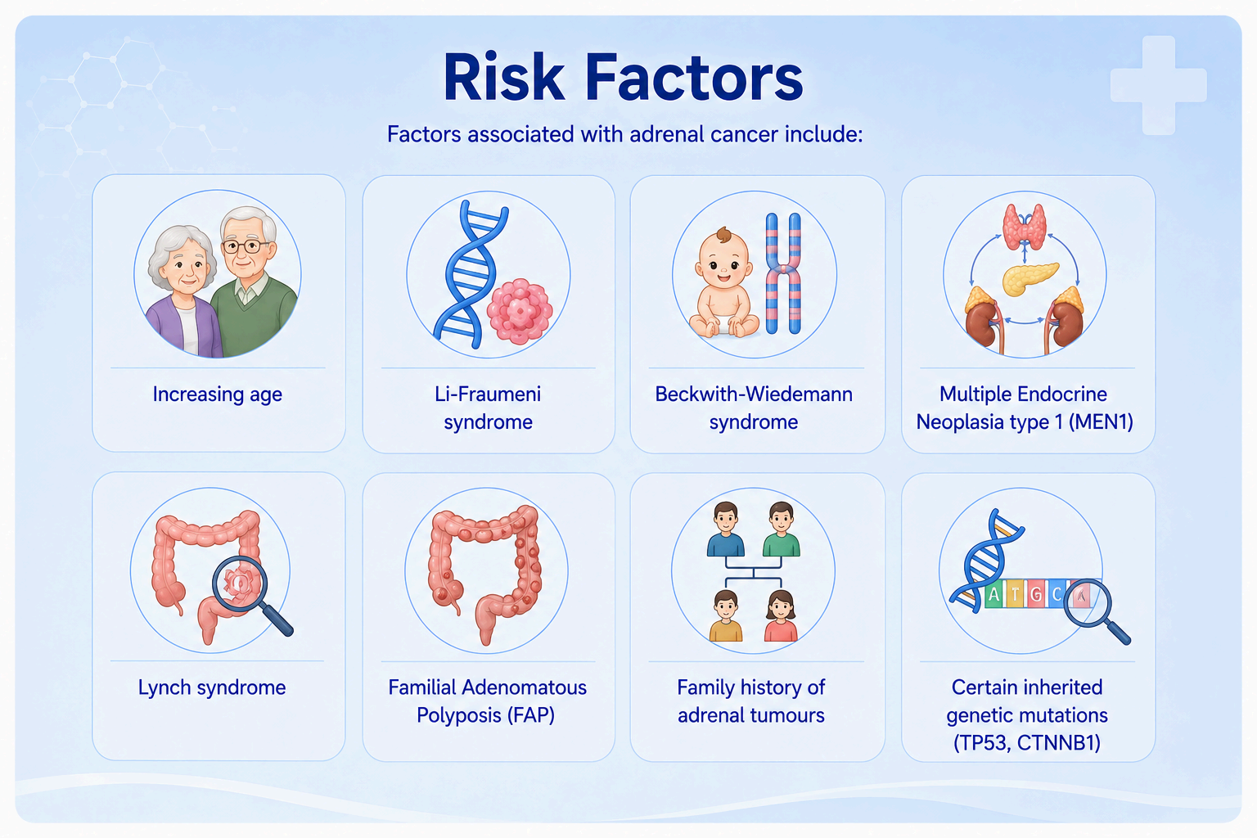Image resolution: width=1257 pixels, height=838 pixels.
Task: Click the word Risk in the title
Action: click(503, 77)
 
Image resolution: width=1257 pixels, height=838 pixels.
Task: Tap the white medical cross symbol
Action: click(1159, 85)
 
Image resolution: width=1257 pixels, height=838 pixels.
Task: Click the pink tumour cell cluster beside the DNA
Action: click(520, 311)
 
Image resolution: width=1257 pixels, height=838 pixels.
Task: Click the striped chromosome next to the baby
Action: click(783, 273)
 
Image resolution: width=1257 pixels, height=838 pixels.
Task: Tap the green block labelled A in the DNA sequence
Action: click(994, 594)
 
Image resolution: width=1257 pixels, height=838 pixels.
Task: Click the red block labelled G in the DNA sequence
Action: click(1037, 594)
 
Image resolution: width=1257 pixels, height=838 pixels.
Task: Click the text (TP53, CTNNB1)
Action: click(1027, 742)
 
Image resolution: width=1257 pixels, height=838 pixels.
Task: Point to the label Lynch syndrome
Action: click(212, 687)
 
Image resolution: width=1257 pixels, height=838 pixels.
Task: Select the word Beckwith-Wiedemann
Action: click(754, 394)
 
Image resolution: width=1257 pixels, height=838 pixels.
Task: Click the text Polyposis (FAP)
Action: click(485, 715)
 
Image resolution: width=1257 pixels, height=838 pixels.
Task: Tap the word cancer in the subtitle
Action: click(744, 134)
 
